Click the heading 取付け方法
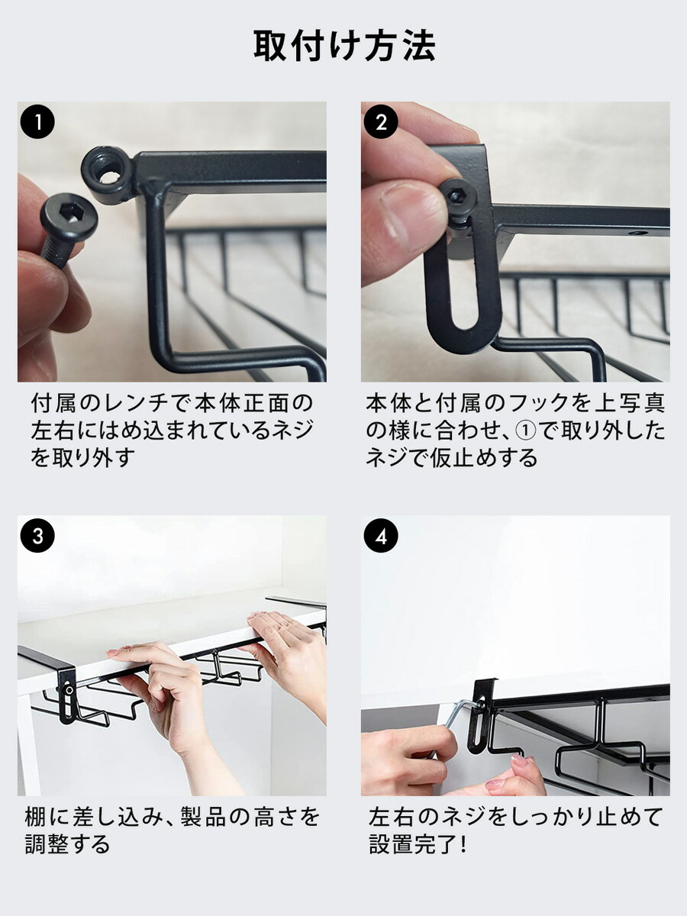pos(344,46)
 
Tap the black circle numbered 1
pos(37,122)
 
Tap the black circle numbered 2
pos(381,122)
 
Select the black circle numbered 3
pos(37,536)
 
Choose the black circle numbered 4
pos(381,536)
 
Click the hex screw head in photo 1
pos(69,218)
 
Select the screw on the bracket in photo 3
pos(69,690)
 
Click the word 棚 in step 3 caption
pos(36,817)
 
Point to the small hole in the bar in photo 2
pos(635,234)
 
